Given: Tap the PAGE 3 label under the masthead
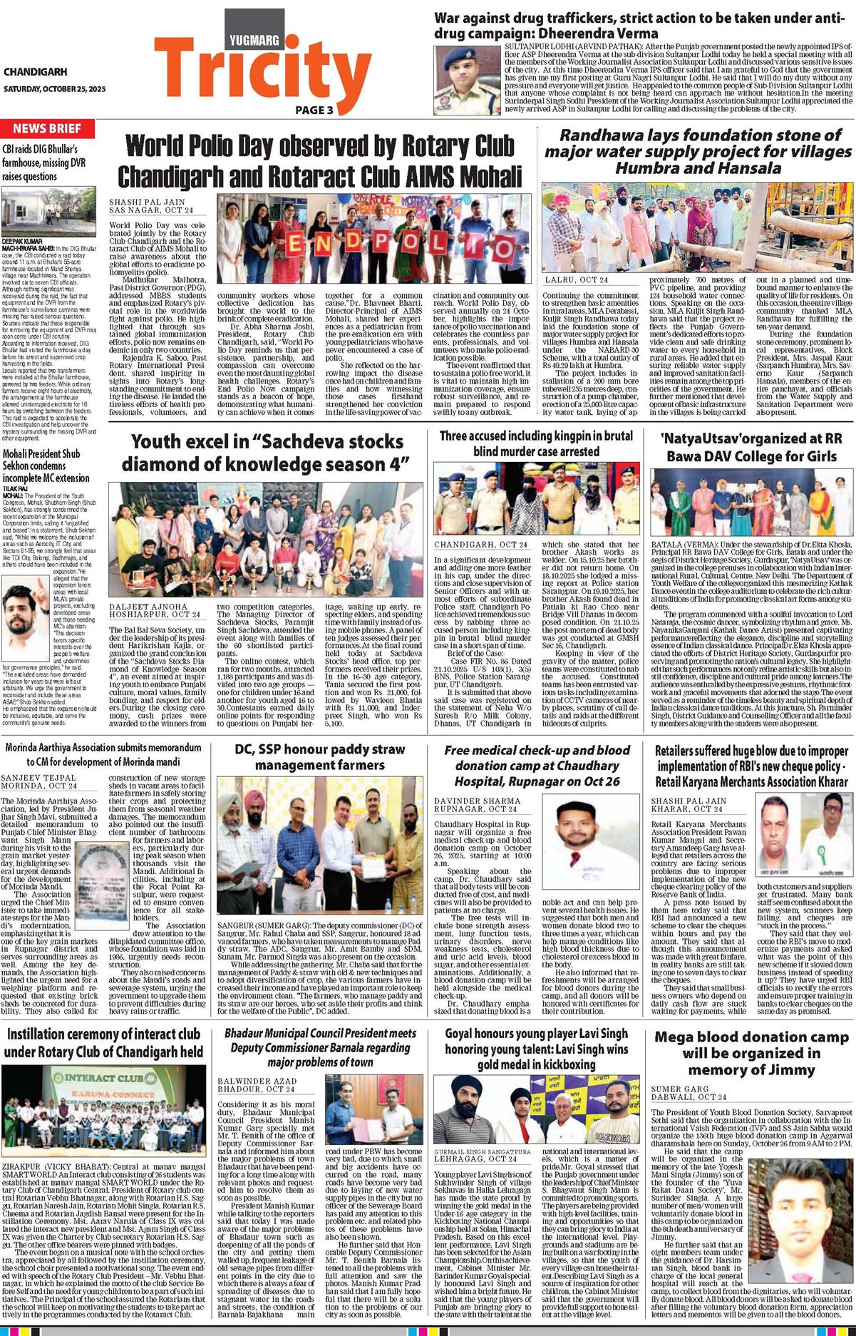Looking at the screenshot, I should click(314, 110).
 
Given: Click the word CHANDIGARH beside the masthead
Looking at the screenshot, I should click(36, 72).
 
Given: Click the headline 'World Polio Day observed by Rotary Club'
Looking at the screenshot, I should click(319, 145).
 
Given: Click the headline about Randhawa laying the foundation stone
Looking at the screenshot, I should click(698, 151).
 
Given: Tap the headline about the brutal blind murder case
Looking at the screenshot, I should click(536, 443).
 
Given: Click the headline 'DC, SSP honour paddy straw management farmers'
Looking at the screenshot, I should click(320, 757).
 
